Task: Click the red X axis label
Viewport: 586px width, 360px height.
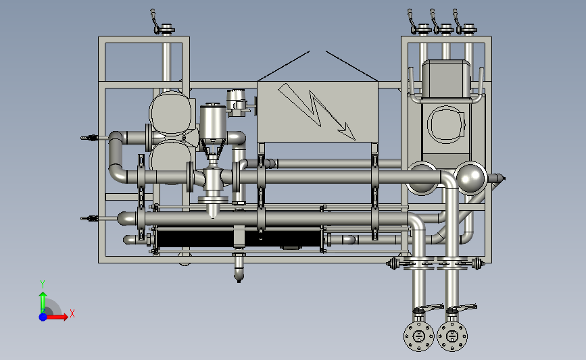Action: click(72, 313)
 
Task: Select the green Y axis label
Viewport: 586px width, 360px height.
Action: click(43, 284)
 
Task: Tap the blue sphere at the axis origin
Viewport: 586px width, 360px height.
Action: click(43, 317)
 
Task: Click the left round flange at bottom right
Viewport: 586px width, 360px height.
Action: click(418, 336)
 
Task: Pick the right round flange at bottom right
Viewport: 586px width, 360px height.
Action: click(452, 336)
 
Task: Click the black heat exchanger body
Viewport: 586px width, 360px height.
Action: click(239, 239)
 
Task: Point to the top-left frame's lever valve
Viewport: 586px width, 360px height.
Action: click(163, 23)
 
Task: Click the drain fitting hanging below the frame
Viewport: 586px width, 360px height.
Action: click(239, 267)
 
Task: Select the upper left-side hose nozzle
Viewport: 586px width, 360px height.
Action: click(90, 138)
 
